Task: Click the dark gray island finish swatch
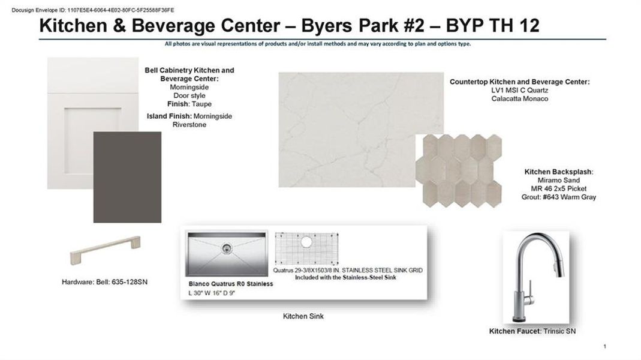point(127,177)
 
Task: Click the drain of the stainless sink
point(227,248)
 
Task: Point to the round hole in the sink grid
point(306,242)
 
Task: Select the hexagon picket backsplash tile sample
point(459,171)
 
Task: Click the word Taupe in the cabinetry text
point(201,104)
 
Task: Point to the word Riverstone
point(189,125)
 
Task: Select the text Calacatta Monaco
point(520,98)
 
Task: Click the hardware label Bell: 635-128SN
point(122,282)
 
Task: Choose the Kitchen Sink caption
point(303,316)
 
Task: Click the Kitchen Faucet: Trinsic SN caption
point(532,331)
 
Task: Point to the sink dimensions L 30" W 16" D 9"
point(212,293)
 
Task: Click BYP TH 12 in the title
point(493,25)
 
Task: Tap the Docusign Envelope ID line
point(93,10)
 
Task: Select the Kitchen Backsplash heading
point(559,172)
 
